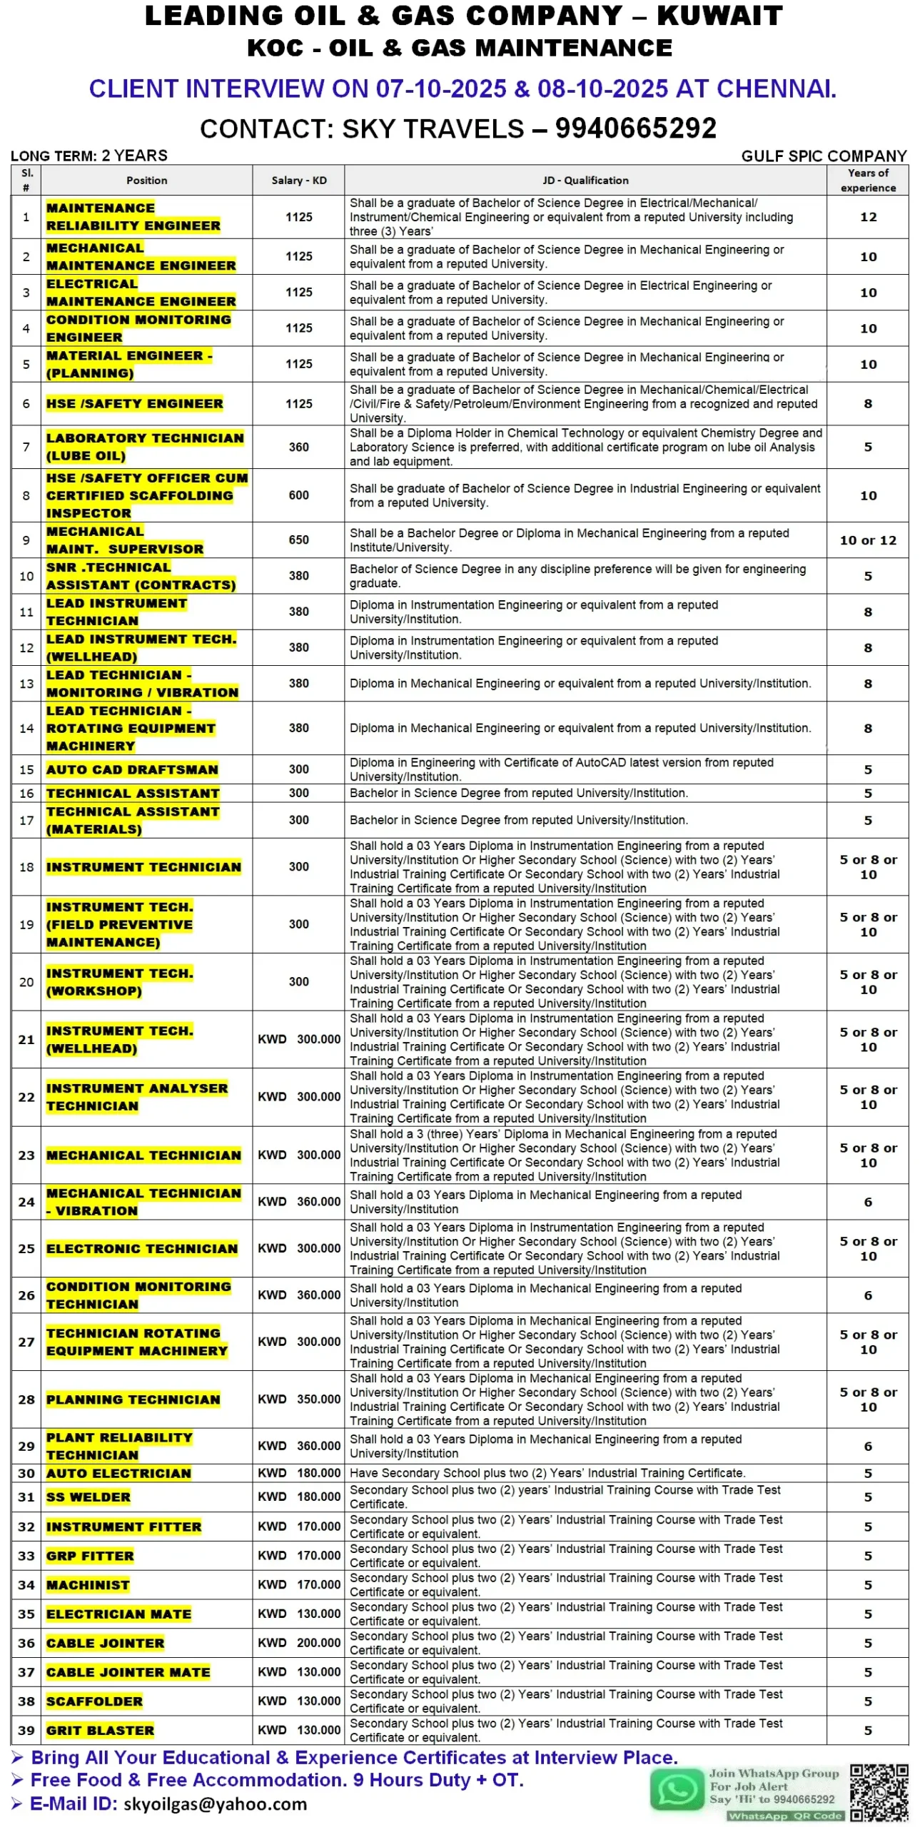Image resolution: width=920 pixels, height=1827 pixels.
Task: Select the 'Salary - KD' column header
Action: point(298,181)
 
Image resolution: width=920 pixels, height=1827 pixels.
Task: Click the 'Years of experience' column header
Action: point(867,181)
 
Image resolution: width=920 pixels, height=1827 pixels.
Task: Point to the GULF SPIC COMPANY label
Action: point(823,156)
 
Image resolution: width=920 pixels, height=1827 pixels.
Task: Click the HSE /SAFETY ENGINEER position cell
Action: point(134,404)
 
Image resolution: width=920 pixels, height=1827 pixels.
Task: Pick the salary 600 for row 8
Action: point(298,495)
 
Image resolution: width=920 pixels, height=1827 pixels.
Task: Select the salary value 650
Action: point(298,540)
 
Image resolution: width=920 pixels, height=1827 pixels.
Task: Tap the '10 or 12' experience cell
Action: point(867,540)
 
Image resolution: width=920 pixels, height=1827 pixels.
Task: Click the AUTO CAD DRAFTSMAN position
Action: point(132,769)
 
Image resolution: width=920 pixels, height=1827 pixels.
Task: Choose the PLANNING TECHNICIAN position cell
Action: point(133,1400)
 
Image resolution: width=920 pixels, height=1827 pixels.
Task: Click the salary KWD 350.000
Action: point(299,1400)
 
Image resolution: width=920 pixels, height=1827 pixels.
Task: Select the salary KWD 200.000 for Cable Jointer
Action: point(299,1643)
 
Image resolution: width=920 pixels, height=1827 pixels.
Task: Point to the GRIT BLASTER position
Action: point(100,1730)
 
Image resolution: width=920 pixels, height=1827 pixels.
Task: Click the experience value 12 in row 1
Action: point(867,217)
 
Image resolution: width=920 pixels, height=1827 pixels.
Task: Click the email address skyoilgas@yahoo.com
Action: point(215,1804)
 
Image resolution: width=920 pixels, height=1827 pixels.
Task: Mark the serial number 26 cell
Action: point(26,1295)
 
